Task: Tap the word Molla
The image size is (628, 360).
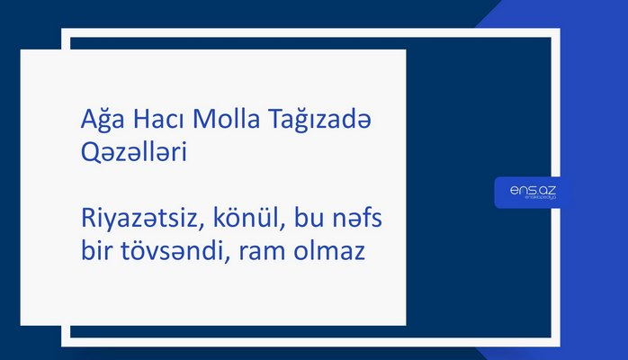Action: pyautogui.click(x=215, y=124)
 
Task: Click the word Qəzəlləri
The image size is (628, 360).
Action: pyautogui.click(x=132, y=154)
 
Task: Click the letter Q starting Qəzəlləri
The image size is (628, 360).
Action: pyautogui.click(x=87, y=154)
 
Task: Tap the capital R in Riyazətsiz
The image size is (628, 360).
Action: pyautogui.click(x=85, y=222)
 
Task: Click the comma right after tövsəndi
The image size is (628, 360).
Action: pyautogui.click(x=228, y=260)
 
